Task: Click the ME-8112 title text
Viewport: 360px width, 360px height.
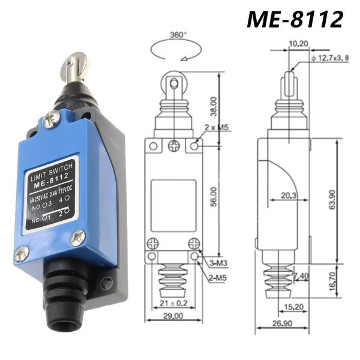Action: (295, 19)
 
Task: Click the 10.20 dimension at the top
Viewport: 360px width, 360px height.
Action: (298, 43)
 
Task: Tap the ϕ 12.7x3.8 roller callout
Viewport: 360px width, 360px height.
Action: (329, 58)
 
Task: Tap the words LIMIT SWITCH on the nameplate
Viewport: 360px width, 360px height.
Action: (51, 169)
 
